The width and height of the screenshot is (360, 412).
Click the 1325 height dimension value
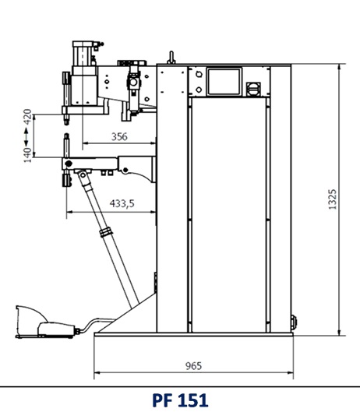(x=333, y=199)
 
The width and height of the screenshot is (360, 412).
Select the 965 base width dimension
(x=193, y=366)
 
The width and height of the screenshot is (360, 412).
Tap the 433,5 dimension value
(x=122, y=203)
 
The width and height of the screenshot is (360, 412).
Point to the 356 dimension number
(x=119, y=136)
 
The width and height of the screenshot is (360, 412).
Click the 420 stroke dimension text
(x=27, y=117)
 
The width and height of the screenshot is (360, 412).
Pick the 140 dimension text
(x=27, y=155)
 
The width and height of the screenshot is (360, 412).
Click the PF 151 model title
(x=180, y=400)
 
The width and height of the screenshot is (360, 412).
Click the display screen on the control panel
(x=224, y=82)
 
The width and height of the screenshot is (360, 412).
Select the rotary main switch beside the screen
(x=253, y=89)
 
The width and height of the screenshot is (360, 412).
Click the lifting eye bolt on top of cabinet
(x=171, y=58)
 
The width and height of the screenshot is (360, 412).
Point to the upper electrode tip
(x=66, y=122)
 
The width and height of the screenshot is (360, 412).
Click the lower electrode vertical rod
(x=67, y=146)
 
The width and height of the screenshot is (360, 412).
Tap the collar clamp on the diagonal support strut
(x=106, y=232)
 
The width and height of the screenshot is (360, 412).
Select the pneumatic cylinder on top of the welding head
(x=84, y=53)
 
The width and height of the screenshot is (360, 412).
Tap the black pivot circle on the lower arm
(x=69, y=164)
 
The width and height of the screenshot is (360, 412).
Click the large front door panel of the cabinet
(x=229, y=215)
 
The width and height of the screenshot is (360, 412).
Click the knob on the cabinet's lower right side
(x=293, y=322)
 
